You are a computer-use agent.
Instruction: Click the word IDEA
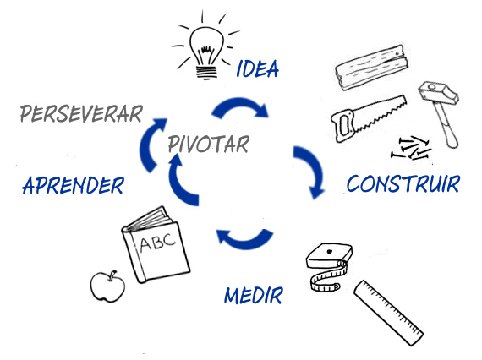[258, 68]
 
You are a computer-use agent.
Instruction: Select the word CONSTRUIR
[403, 184]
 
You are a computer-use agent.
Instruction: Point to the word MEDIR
[254, 296]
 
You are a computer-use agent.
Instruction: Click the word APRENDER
[74, 185]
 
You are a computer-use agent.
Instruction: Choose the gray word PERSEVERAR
[81, 113]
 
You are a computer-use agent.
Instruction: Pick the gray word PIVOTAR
[208, 144]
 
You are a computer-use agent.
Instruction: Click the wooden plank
[372, 68]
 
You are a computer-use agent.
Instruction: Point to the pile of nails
[411, 148]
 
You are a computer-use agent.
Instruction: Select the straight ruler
[388, 313]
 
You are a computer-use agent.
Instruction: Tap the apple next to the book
[107, 286]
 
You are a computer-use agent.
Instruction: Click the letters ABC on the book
[157, 242]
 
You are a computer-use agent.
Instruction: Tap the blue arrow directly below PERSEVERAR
[147, 145]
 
